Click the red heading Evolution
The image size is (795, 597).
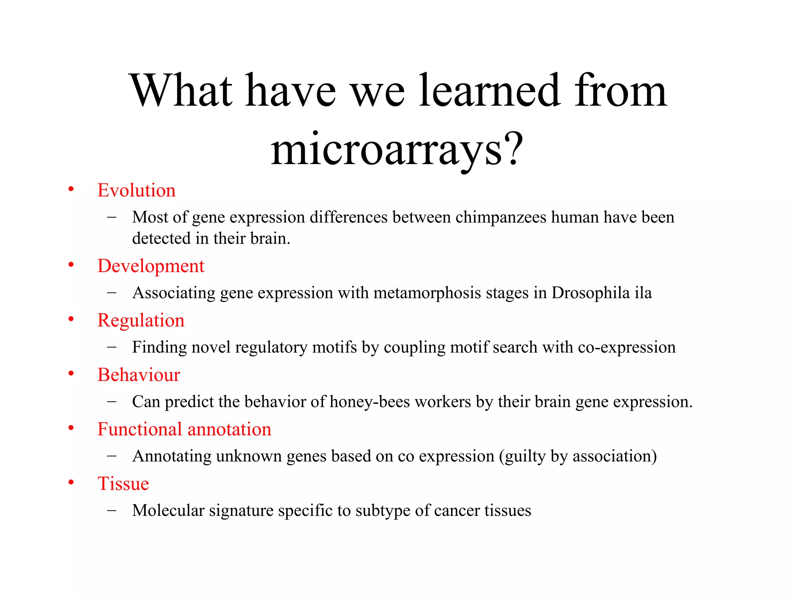[x=136, y=190]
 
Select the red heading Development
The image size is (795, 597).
[x=151, y=266]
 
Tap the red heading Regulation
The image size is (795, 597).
[x=141, y=321]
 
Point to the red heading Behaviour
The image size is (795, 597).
[x=139, y=375]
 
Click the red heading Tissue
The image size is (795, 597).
[x=123, y=484]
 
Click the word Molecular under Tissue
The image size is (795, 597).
[x=168, y=511]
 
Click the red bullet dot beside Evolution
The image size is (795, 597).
[x=71, y=189]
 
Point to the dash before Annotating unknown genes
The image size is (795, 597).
[x=112, y=456]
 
